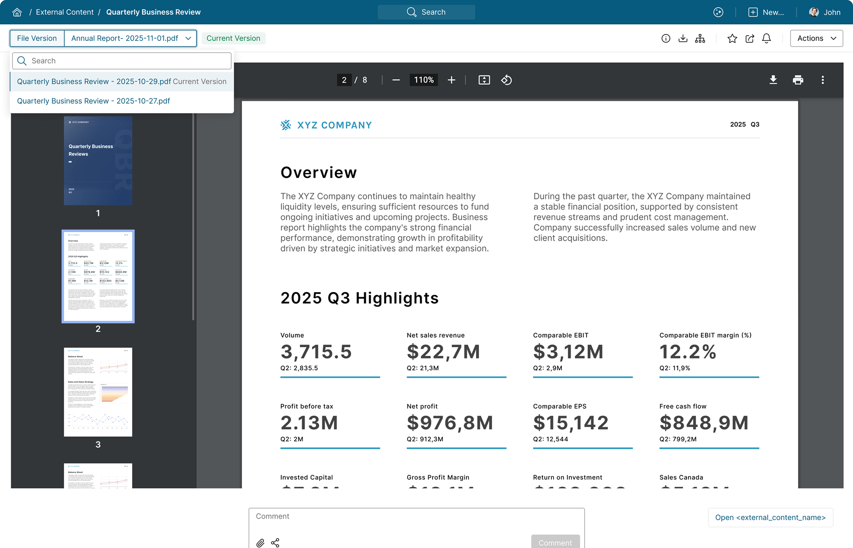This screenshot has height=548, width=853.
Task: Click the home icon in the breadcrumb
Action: pos(17,12)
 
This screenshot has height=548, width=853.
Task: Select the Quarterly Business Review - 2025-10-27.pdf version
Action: pos(93,101)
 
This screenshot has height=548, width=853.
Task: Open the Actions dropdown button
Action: pos(816,38)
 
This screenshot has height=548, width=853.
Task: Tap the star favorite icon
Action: pos(732,38)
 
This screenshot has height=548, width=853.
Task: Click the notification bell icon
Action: pos(766,38)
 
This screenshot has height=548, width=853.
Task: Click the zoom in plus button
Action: pos(451,80)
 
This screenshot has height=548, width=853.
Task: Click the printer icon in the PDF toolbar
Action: pos(798,80)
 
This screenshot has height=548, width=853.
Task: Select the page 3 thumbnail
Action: pos(98,392)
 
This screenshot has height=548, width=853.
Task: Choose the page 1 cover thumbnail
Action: pos(98,161)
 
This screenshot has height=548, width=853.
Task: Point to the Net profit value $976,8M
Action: pos(450,423)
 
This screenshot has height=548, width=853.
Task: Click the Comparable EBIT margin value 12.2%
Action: pos(688,352)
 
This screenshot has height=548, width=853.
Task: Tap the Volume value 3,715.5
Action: pos(316,352)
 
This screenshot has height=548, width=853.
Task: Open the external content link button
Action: pos(770,518)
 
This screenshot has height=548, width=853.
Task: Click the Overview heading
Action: pos(318,172)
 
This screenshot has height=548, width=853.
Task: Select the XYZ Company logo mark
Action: pos(286,125)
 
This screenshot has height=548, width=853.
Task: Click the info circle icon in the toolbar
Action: pos(666,38)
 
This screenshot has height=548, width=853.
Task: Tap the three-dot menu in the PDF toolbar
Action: pos(823,80)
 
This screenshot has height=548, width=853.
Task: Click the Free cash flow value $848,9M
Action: pos(704,423)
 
